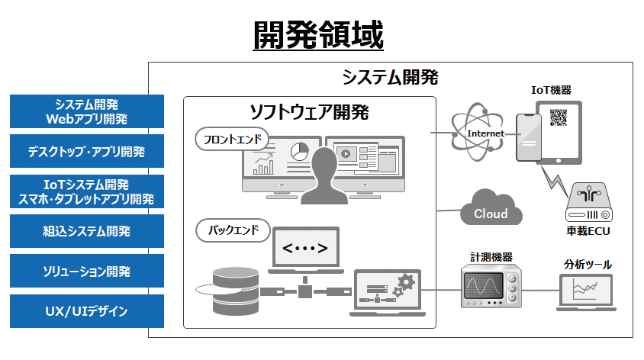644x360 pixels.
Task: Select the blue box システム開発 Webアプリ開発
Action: coord(87,111)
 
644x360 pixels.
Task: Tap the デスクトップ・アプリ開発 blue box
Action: coord(87,151)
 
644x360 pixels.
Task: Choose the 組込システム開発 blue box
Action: coord(87,230)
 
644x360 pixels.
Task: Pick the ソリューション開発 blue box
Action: coord(87,271)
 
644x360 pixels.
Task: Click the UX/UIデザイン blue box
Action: coord(87,310)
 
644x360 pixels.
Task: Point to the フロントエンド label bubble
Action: coord(232,140)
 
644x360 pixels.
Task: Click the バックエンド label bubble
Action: coord(232,229)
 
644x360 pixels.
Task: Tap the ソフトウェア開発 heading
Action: coord(310,113)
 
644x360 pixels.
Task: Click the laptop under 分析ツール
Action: coord(588,291)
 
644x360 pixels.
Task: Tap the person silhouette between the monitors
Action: coord(324,175)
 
